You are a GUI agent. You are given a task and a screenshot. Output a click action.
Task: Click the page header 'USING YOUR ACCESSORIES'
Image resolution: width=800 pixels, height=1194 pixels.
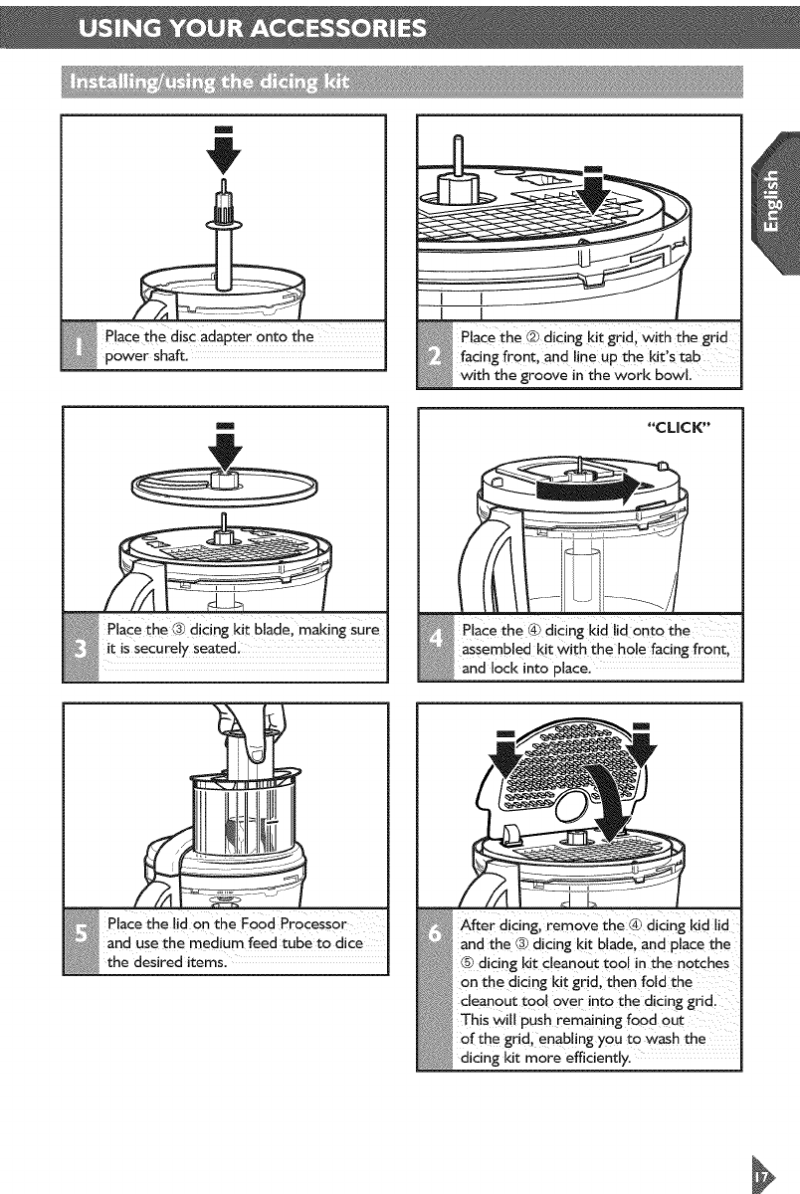[252, 27]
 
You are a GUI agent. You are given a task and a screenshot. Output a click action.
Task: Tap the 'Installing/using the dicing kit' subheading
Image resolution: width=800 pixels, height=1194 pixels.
[210, 82]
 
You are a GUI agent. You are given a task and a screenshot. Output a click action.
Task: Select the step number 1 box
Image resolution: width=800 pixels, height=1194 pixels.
[79, 346]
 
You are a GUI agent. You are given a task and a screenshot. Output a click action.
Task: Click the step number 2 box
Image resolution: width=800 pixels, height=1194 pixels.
[435, 355]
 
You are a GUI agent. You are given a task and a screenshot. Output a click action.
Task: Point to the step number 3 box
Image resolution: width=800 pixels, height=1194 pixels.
[81, 647]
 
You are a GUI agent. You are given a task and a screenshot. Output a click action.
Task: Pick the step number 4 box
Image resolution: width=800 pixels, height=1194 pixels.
[436, 647]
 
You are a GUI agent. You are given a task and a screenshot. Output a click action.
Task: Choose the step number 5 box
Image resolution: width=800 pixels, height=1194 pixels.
[81, 942]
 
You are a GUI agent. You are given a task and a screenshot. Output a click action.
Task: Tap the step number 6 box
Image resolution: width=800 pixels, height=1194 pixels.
[435, 989]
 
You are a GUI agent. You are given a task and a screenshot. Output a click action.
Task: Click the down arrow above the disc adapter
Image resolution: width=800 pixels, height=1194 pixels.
[224, 151]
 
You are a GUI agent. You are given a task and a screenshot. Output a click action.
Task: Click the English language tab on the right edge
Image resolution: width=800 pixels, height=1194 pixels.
[775, 203]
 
